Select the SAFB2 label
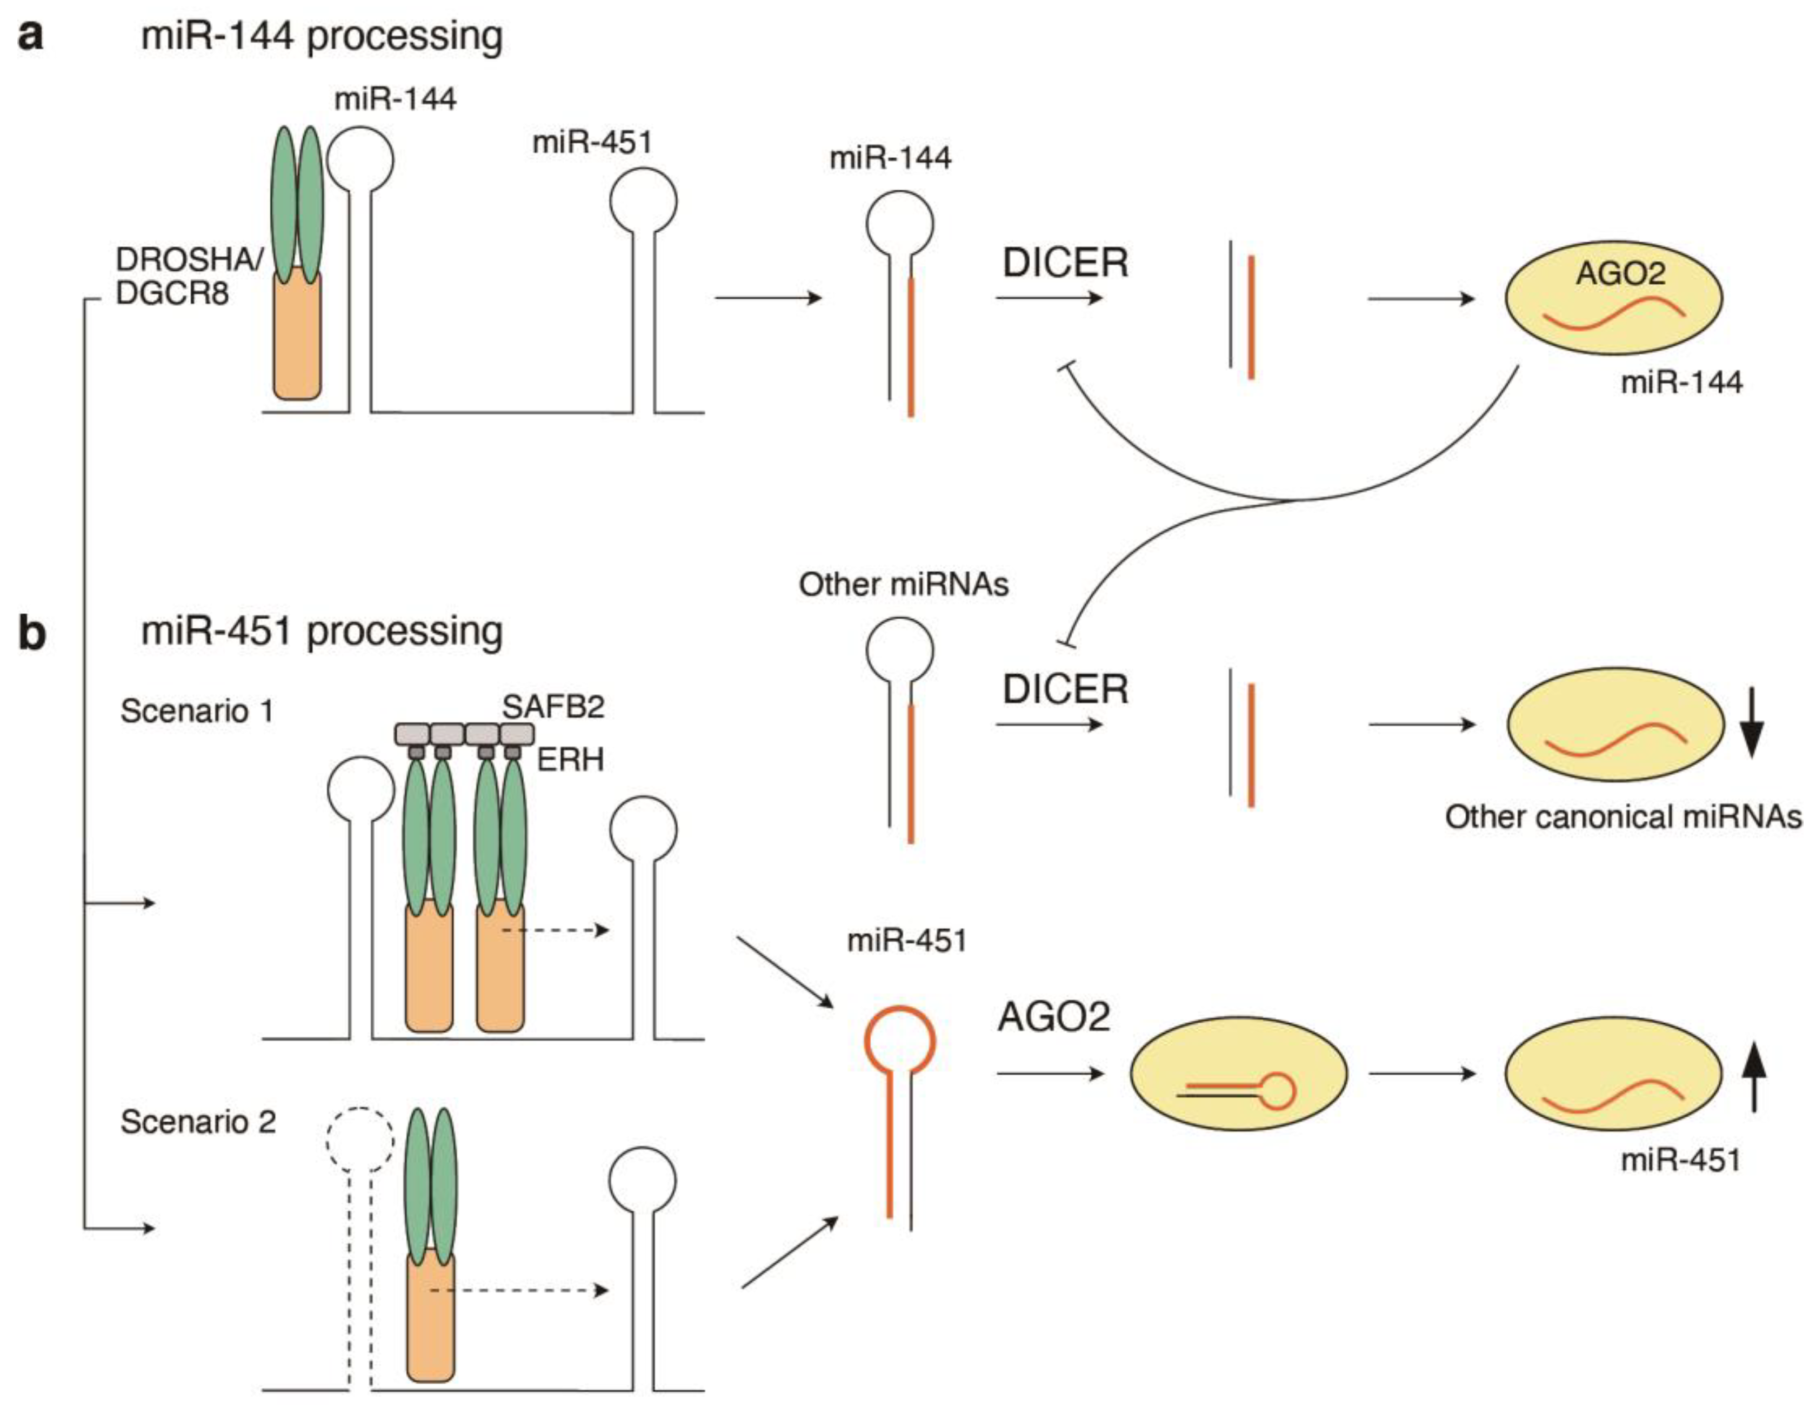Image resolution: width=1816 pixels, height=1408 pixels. pos(553,707)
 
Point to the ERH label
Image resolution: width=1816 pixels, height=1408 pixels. pos(570,760)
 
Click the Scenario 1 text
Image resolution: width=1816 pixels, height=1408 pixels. pos(197,712)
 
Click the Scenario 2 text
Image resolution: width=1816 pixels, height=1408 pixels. pos(198,1122)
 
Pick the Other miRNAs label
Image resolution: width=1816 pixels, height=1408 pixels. pos(903,584)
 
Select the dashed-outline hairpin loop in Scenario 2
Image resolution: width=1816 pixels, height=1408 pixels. pos(359,1141)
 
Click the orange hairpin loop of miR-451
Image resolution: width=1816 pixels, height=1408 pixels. pos(900,1041)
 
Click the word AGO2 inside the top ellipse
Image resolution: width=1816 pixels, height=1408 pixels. pos(1620,273)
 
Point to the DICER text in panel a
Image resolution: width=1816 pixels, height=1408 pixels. pos(1065,264)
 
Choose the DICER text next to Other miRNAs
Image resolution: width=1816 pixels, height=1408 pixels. pos(1065,690)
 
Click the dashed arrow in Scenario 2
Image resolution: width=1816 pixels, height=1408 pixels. pos(520,1291)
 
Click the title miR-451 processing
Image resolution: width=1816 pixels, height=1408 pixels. pos(322,632)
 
